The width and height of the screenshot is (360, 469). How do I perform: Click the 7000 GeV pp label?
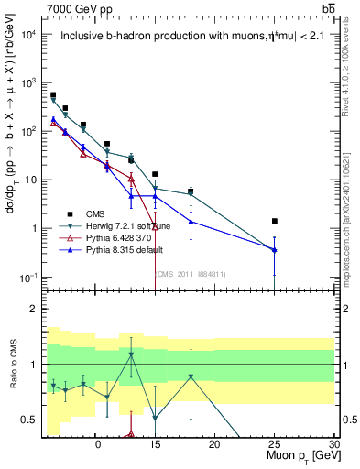click(x=76, y=8)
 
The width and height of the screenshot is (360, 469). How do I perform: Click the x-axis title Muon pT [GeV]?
click(x=299, y=455)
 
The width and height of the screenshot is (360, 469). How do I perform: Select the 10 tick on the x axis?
click(x=96, y=443)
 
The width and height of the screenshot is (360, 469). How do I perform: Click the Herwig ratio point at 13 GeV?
click(x=132, y=354)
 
